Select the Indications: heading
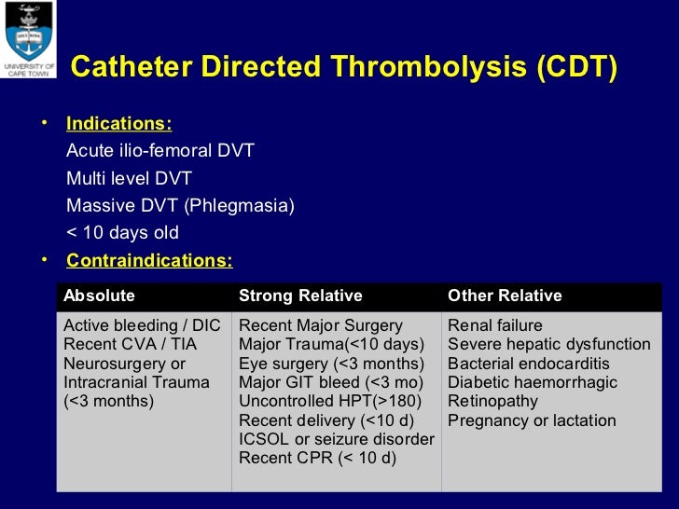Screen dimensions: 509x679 pos(118,124)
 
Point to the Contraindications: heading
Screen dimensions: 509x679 pos(149,260)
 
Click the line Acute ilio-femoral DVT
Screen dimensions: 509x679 pos(160,151)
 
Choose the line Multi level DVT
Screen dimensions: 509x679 pos(129,178)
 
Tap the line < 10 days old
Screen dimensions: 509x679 pos(122,233)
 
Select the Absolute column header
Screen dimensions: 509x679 pos(99,296)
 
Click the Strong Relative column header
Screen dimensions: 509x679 pos(300,296)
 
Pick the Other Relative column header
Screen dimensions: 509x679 pos(505,296)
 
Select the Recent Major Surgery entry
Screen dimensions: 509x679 pos(321,325)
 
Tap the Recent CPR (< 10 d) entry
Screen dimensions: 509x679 pos(317,458)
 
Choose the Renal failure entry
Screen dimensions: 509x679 pos(495,325)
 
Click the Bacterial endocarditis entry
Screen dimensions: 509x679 pos(529,364)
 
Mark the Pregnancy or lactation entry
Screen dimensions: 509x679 pos(532,420)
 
